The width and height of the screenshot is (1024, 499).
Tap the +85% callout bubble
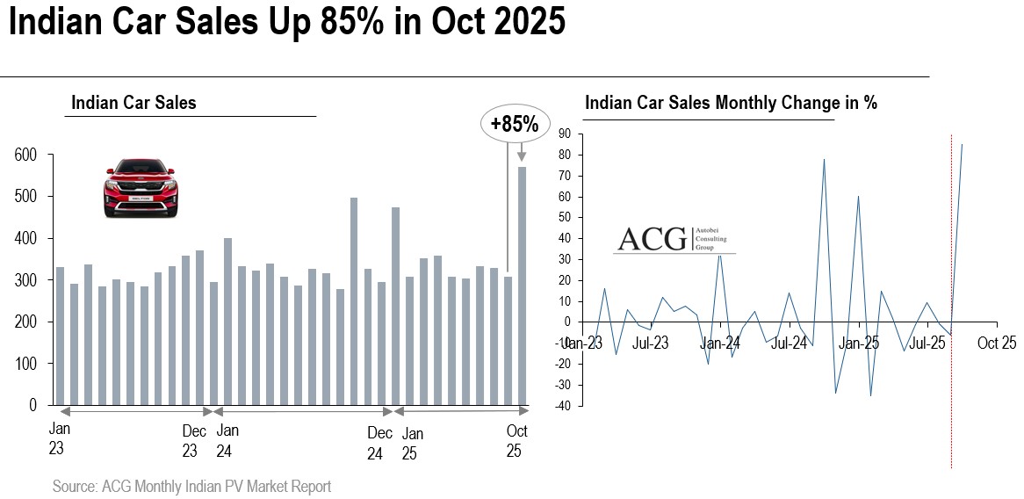pyautogui.click(x=515, y=124)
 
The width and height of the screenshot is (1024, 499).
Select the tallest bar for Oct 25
pyautogui.click(x=522, y=286)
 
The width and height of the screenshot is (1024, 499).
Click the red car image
pyautogui.click(x=142, y=188)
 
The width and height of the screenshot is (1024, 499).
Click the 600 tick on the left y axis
pyautogui.click(x=25, y=155)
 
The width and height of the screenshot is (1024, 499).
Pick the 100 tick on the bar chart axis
pyautogui.click(x=25, y=364)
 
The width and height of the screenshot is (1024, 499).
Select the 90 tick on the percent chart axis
pyautogui.click(x=564, y=134)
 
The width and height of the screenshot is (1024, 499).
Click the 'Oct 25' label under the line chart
pyautogui.click(x=996, y=343)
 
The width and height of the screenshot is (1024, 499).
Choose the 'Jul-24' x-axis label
pyautogui.click(x=789, y=343)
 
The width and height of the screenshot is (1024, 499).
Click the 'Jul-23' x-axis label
pyautogui.click(x=650, y=343)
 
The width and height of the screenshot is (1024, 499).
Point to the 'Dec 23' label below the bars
pyautogui.click(x=194, y=441)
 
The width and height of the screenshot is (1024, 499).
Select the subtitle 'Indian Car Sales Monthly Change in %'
pyautogui.click(x=731, y=103)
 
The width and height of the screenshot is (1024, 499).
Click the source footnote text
pyautogui.click(x=191, y=486)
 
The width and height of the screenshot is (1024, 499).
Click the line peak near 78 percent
pyautogui.click(x=824, y=160)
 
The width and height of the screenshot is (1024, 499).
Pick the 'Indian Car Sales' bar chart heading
pyautogui.click(x=133, y=103)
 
